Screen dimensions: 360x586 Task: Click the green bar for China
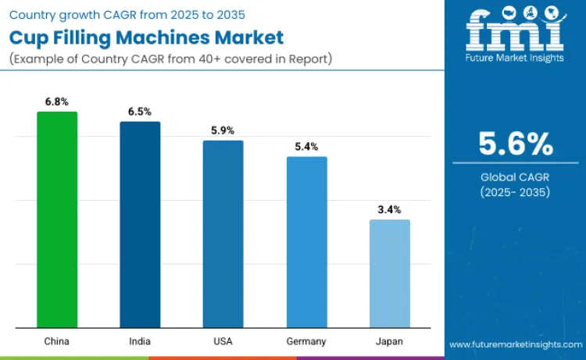[x=57, y=219]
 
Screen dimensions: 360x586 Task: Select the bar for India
[x=140, y=225]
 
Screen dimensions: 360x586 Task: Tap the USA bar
[x=223, y=234]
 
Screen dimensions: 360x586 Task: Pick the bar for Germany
[x=306, y=242]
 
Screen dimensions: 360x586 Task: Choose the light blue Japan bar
[x=389, y=273]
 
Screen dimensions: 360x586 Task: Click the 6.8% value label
[x=57, y=102]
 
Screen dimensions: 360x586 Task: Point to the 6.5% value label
[x=140, y=112]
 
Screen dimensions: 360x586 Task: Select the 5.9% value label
[x=223, y=130]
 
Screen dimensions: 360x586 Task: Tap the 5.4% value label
[x=306, y=147]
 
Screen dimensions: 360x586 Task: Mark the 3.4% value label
[x=389, y=209]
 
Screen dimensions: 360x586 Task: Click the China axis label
[x=57, y=341]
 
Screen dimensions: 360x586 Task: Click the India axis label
[x=140, y=341]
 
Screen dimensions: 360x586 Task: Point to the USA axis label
[x=223, y=341]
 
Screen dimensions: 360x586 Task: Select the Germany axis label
[x=306, y=341]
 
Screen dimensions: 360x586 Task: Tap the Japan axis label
[x=389, y=341]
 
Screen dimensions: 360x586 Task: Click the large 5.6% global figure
[x=516, y=144]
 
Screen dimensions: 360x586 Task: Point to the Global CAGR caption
[x=516, y=177]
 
